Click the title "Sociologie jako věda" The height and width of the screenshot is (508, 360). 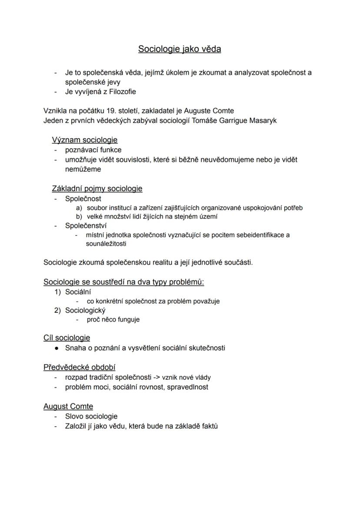pyautogui.click(x=180, y=49)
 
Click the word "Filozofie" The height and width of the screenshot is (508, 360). pyautogui.click(x=120, y=92)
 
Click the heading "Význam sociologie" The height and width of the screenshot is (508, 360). pyautogui.click(x=84, y=140)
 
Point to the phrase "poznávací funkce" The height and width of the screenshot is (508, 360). pyautogui.click(x=93, y=150)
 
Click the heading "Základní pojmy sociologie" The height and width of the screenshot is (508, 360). pyautogui.click(x=97, y=189)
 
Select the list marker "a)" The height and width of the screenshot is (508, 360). pyautogui.click(x=79, y=208)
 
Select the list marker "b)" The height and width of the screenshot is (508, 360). pyautogui.click(x=79, y=216)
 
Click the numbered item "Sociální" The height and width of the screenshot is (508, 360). pyautogui.click(x=78, y=292)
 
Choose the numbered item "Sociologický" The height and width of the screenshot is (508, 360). pyautogui.click(x=85, y=310)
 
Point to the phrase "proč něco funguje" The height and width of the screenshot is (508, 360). pyautogui.click(x=113, y=319)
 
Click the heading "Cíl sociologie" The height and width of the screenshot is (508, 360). pyautogui.click(x=67, y=338)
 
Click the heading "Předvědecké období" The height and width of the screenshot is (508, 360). pyautogui.click(x=79, y=367)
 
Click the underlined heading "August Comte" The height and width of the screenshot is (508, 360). pyautogui.click(x=68, y=406)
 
